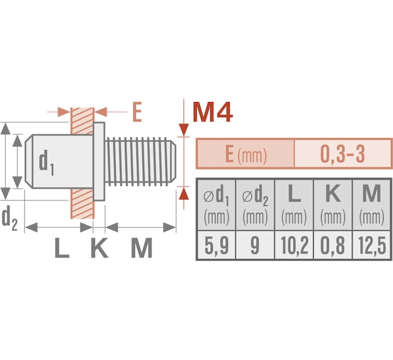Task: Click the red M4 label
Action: point(212,112)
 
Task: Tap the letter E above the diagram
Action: point(137,112)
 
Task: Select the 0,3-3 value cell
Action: point(343,154)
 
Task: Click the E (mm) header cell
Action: point(246,154)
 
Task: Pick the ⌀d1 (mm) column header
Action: point(216,205)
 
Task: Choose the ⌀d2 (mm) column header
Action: point(255,205)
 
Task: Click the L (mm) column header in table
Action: point(294,205)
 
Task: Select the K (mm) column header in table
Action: point(333,205)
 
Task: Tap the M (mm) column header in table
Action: point(371,205)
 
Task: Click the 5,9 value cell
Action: point(216,245)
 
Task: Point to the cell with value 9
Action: point(255,245)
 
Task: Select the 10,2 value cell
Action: point(294,245)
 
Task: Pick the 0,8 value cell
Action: point(333,245)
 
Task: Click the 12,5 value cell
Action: point(371,245)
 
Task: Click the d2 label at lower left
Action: point(10,218)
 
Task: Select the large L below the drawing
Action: point(62,248)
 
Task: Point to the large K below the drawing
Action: point(100,248)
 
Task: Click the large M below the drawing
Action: point(141,248)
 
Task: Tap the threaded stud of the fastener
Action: point(140,162)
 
